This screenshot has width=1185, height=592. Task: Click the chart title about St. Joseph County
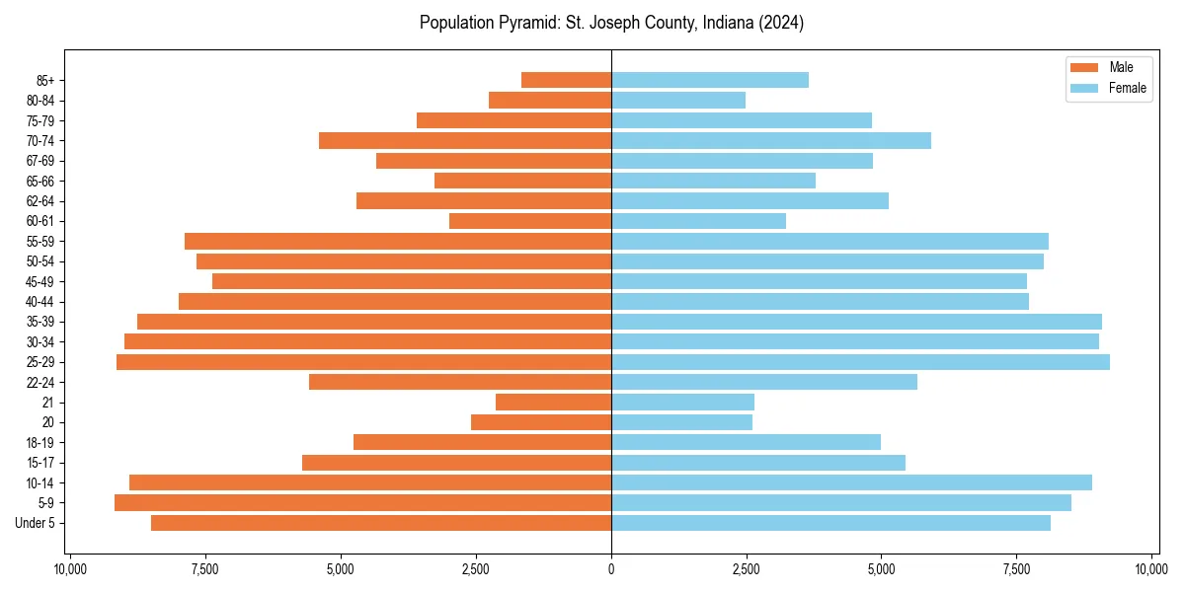tap(611, 23)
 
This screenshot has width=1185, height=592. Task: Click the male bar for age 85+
tap(566, 80)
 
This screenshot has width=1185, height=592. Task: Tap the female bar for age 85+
tap(710, 80)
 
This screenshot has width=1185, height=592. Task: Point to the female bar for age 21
tap(682, 403)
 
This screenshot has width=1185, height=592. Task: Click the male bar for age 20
tap(541, 422)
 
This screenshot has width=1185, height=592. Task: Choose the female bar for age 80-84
tap(678, 100)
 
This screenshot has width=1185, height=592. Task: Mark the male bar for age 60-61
tap(530, 221)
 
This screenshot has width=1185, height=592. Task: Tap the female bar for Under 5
tap(830, 523)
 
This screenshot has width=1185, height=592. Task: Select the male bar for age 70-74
tap(465, 140)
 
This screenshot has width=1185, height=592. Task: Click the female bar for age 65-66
tap(713, 181)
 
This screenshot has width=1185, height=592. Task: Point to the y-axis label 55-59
tap(40, 242)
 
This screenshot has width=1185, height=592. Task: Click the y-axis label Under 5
tap(36, 523)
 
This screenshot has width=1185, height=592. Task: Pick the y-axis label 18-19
tap(40, 443)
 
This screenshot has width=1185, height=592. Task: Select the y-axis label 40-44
tap(40, 302)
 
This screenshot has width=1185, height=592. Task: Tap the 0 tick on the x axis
tap(611, 569)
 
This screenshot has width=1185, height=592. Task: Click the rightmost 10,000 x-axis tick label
tap(1151, 569)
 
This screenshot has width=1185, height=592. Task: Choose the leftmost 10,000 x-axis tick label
tap(70, 569)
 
